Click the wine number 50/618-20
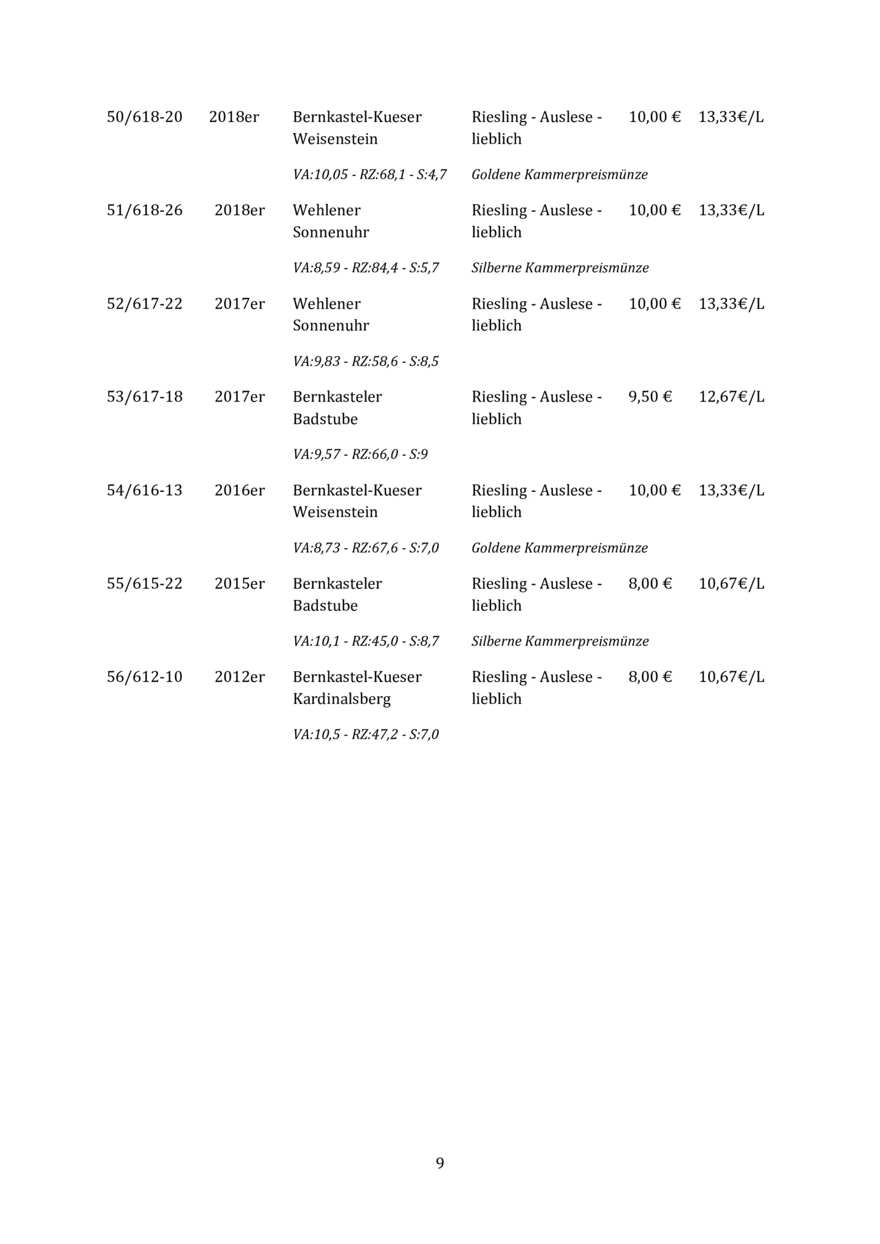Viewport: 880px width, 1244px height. click(x=145, y=117)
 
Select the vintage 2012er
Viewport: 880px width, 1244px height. click(x=239, y=677)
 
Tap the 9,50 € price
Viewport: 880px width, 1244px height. click(x=650, y=397)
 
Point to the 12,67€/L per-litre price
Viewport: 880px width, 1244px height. click(x=731, y=397)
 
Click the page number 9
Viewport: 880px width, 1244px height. click(x=440, y=1163)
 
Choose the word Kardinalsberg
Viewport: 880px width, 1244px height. click(x=342, y=699)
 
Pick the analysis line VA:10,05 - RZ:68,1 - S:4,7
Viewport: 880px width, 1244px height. click(x=370, y=175)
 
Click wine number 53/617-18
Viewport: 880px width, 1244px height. click(x=145, y=397)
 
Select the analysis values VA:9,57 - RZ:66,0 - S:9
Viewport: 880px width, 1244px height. click(x=360, y=454)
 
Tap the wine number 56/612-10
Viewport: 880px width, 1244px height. click(x=145, y=677)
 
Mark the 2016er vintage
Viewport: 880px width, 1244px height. click(x=239, y=490)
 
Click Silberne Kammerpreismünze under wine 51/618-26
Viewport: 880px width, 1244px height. click(x=560, y=268)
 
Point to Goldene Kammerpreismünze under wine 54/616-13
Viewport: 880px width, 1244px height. click(x=559, y=548)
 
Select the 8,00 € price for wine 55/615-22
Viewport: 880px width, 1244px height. click(x=650, y=584)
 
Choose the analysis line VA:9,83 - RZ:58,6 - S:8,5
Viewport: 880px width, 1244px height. click(x=365, y=361)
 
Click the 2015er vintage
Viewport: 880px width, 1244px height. click(x=239, y=584)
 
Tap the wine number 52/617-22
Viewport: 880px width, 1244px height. click(x=145, y=304)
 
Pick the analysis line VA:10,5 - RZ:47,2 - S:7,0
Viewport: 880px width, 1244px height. click(x=365, y=734)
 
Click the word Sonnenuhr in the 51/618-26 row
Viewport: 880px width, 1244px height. click(x=331, y=233)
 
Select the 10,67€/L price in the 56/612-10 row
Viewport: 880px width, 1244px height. click(x=731, y=677)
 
